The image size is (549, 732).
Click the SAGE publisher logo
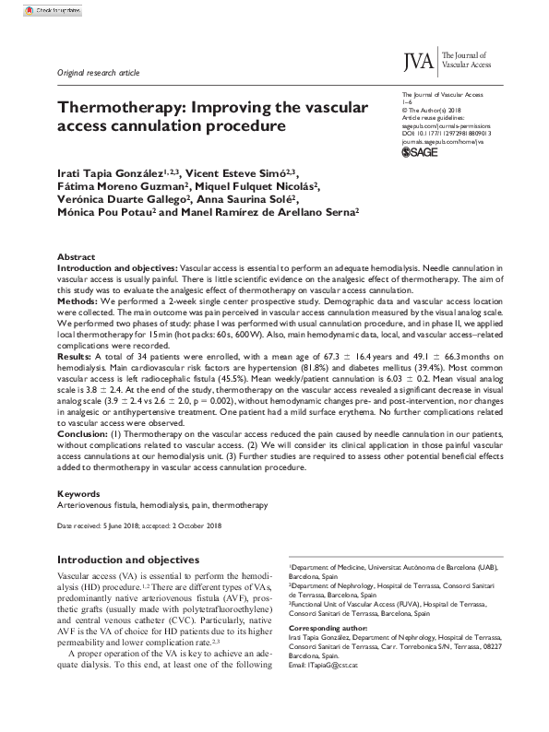(x=422, y=152)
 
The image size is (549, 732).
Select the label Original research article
(x=99, y=70)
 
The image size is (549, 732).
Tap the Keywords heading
(x=80, y=494)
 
